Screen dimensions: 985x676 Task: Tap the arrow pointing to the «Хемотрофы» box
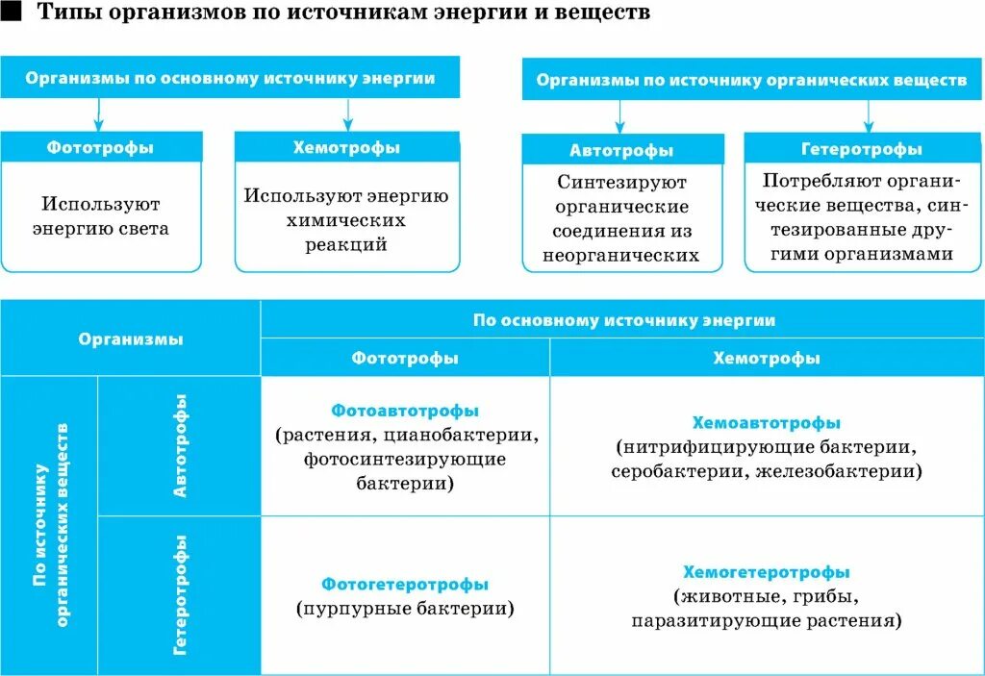[x=348, y=113]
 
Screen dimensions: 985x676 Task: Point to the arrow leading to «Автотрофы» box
[x=620, y=116]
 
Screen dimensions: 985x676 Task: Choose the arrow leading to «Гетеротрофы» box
[x=869, y=116]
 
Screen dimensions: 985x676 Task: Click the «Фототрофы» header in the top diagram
[x=100, y=148]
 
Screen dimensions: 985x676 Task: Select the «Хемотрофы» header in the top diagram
[x=346, y=148]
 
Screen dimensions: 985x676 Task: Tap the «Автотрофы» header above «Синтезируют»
[x=621, y=151]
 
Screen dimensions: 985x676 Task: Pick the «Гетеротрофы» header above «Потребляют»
[x=862, y=150]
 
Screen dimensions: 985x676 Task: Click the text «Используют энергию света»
[x=100, y=216]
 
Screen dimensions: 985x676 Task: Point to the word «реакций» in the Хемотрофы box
[x=347, y=245]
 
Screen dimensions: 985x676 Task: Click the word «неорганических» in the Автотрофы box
[x=620, y=257]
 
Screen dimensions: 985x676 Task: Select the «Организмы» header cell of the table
[x=131, y=338]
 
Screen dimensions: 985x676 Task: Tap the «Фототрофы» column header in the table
[x=405, y=358]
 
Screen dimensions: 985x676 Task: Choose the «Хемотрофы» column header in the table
[x=767, y=358]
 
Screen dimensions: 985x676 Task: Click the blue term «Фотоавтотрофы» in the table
[x=405, y=411]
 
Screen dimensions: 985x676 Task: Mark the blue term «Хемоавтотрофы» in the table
[x=767, y=423]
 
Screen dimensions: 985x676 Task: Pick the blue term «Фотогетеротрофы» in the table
[x=405, y=585]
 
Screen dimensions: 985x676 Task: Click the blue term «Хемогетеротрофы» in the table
[x=767, y=572]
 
